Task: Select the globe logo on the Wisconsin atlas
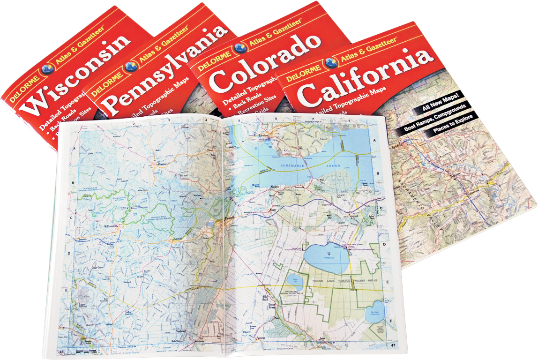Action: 47,68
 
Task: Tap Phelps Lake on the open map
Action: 326,256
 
